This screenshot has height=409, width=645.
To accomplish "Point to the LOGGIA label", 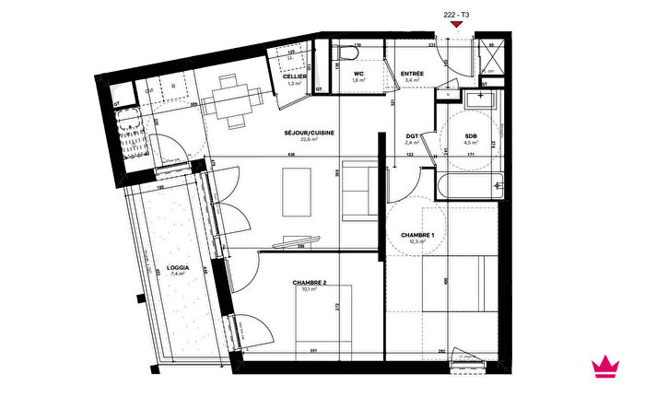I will pyautogui.click(x=178, y=267).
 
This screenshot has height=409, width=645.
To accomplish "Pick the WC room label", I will pyautogui.click(x=359, y=73).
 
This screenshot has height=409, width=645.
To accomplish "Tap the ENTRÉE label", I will pyautogui.click(x=412, y=73).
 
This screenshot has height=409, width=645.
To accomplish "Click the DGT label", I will pyautogui.click(x=412, y=135).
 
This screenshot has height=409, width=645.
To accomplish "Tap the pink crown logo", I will pyautogui.click(x=604, y=366).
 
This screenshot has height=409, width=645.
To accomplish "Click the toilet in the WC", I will pyautogui.click(x=348, y=55).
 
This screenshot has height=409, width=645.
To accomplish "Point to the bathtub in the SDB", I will pyautogui.click(x=471, y=186).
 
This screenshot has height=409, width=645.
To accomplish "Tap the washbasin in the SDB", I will pyautogui.click(x=479, y=100).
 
